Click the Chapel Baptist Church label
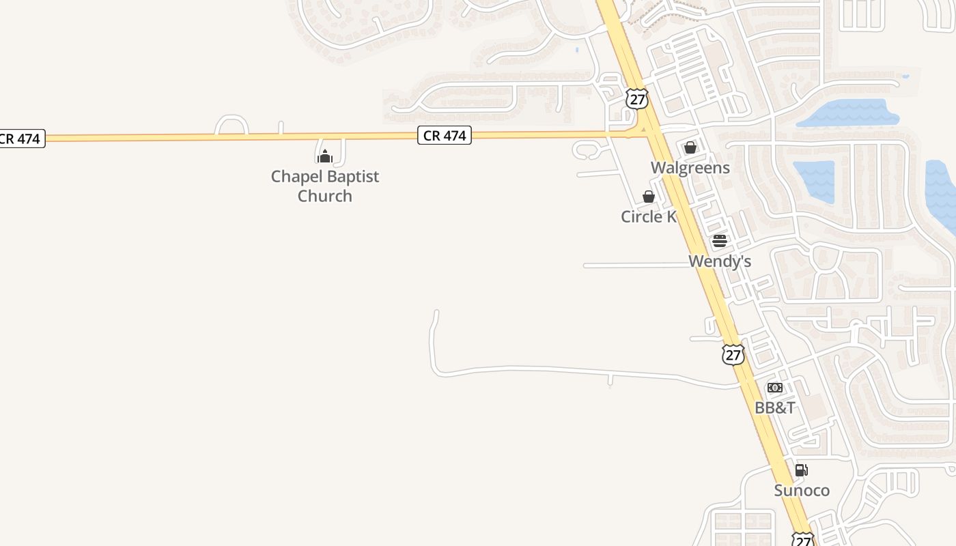click(325, 186)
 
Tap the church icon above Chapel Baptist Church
click(325, 156)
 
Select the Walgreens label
click(690, 168)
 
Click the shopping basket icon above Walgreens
click(690, 147)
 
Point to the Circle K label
click(648, 217)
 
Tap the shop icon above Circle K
click(649, 197)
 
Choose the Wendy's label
click(720, 261)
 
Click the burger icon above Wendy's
click(720, 241)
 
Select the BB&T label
click(774, 408)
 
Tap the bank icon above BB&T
click(775, 388)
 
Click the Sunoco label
click(802, 491)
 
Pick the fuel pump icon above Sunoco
click(802, 470)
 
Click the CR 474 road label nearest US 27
click(445, 136)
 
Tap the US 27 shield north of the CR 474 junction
click(636, 99)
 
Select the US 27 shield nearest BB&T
click(733, 355)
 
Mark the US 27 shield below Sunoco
click(803, 540)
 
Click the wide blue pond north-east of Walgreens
click(849, 113)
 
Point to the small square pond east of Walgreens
click(814, 182)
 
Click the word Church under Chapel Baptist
click(325, 196)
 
